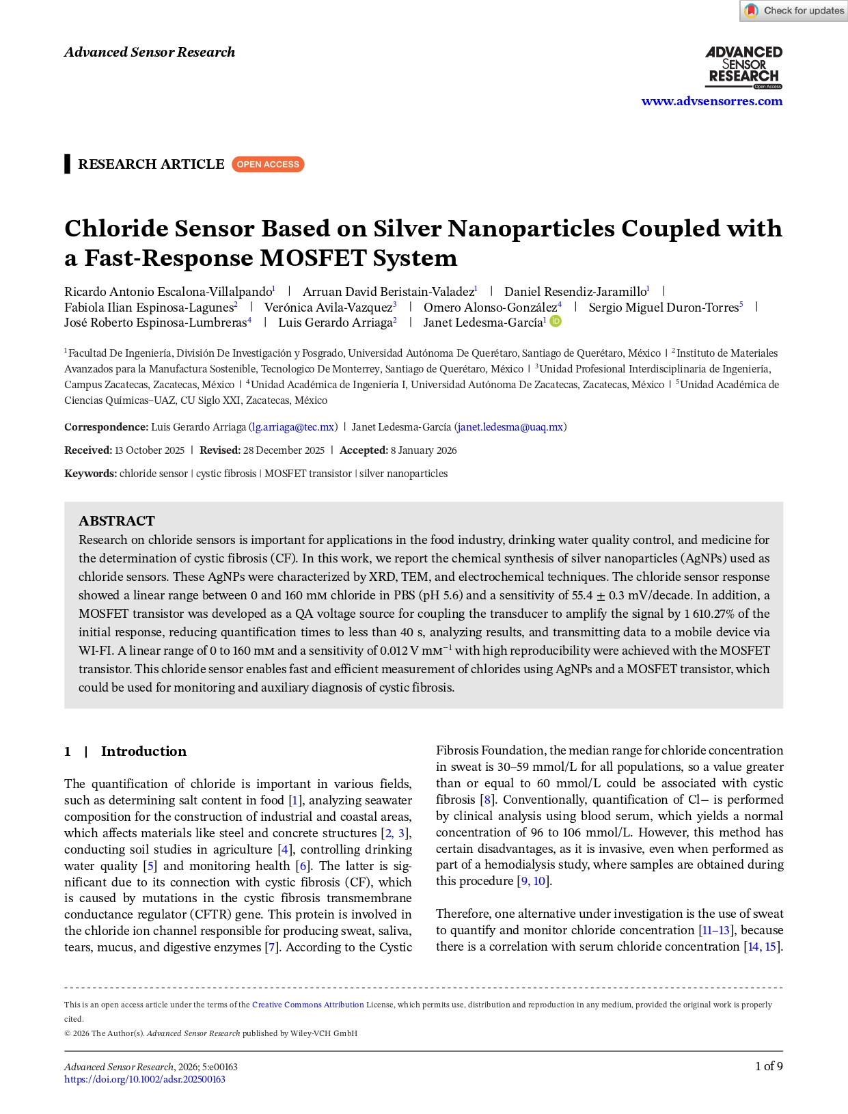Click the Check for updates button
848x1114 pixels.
pos(794,11)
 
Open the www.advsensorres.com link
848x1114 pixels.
pos(711,101)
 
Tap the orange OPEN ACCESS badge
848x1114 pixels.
pos(268,165)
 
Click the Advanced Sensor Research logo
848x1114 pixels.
pos(743,67)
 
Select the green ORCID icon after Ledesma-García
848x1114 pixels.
pos(556,321)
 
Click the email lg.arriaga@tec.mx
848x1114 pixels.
pos(293,427)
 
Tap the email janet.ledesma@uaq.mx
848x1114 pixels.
pos(510,427)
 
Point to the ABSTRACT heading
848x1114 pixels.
pos(117,521)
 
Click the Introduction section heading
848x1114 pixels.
pos(143,752)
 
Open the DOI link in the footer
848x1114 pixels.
pos(145,1080)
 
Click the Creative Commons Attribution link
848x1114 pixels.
pos(307,1005)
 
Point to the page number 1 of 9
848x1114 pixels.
pos(769,1066)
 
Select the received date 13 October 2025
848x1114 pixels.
pos(150,450)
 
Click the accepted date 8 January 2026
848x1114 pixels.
pos(424,450)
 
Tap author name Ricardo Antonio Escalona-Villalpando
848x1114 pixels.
pos(168,292)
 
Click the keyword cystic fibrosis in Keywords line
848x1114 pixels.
pos(226,474)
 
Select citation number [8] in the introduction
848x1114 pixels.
pos(487,800)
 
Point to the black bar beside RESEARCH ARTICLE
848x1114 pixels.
pos(67,164)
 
